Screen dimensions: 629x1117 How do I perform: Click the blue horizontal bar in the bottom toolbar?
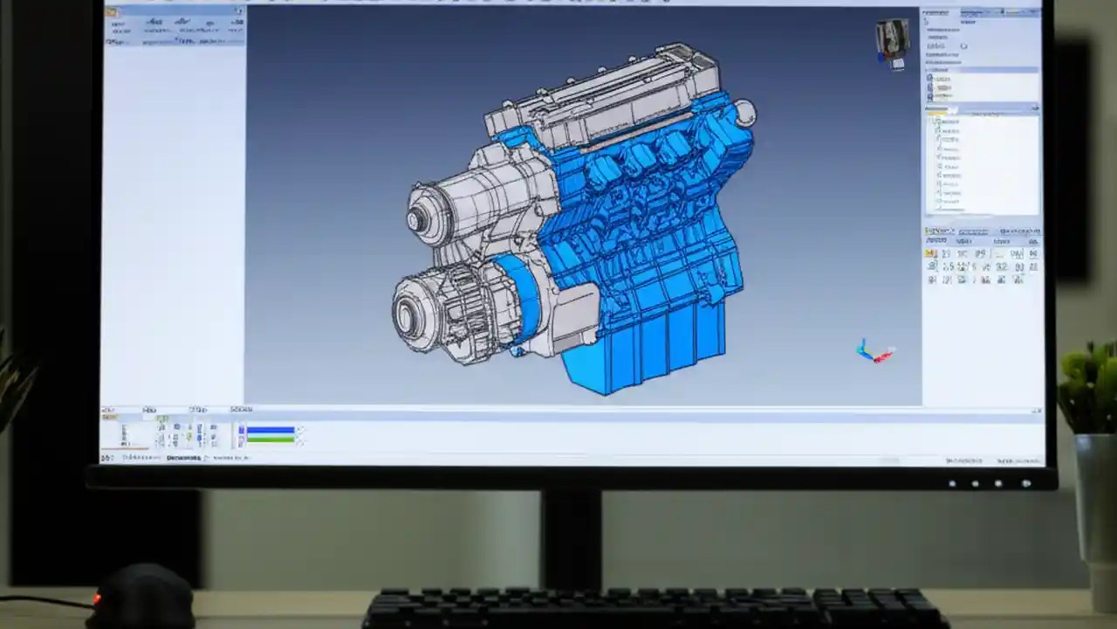point(271,429)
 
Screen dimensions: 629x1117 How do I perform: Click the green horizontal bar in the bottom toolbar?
point(271,439)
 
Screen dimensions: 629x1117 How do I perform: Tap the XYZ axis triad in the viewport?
point(874,352)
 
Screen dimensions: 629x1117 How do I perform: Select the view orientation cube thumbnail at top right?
point(893,42)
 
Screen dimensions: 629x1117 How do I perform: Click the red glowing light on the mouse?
point(97,598)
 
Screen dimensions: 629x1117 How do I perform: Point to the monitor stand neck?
point(571,537)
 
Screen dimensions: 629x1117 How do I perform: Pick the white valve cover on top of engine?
point(602,92)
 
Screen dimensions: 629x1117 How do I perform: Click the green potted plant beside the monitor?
point(1089,384)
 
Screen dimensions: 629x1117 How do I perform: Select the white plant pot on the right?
point(1095,498)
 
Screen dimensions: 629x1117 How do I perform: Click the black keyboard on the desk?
point(654,609)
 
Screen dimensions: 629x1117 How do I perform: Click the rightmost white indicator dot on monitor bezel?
point(1026,483)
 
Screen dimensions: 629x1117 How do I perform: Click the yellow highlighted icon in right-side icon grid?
point(931,253)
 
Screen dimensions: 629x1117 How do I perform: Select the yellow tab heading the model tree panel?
point(936,113)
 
